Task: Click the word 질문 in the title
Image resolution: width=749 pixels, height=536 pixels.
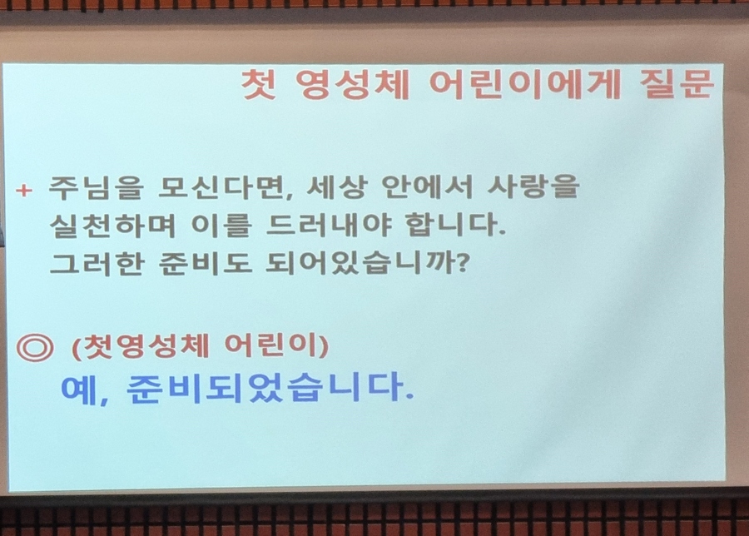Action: (x=677, y=83)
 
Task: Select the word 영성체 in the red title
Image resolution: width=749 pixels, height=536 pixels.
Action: (x=353, y=85)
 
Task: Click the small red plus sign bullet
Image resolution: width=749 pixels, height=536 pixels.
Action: (x=24, y=191)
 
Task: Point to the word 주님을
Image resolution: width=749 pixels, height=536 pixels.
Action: (x=97, y=187)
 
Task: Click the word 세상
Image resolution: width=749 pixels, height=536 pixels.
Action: (x=337, y=186)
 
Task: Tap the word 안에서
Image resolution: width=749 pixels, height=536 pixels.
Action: (x=427, y=186)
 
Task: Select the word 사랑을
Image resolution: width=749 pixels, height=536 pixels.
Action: (x=533, y=186)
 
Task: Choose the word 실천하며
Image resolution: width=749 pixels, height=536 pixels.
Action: (x=112, y=226)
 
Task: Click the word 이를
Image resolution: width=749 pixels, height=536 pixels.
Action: (x=221, y=226)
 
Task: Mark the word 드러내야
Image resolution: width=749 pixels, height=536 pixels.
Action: (x=329, y=225)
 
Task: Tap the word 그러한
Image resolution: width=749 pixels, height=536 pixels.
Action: (x=97, y=264)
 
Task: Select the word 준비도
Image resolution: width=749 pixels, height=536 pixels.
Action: (x=206, y=264)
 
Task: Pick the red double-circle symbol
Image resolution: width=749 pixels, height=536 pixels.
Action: (x=35, y=347)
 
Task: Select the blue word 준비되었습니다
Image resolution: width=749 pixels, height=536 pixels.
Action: (x=270, y=387)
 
